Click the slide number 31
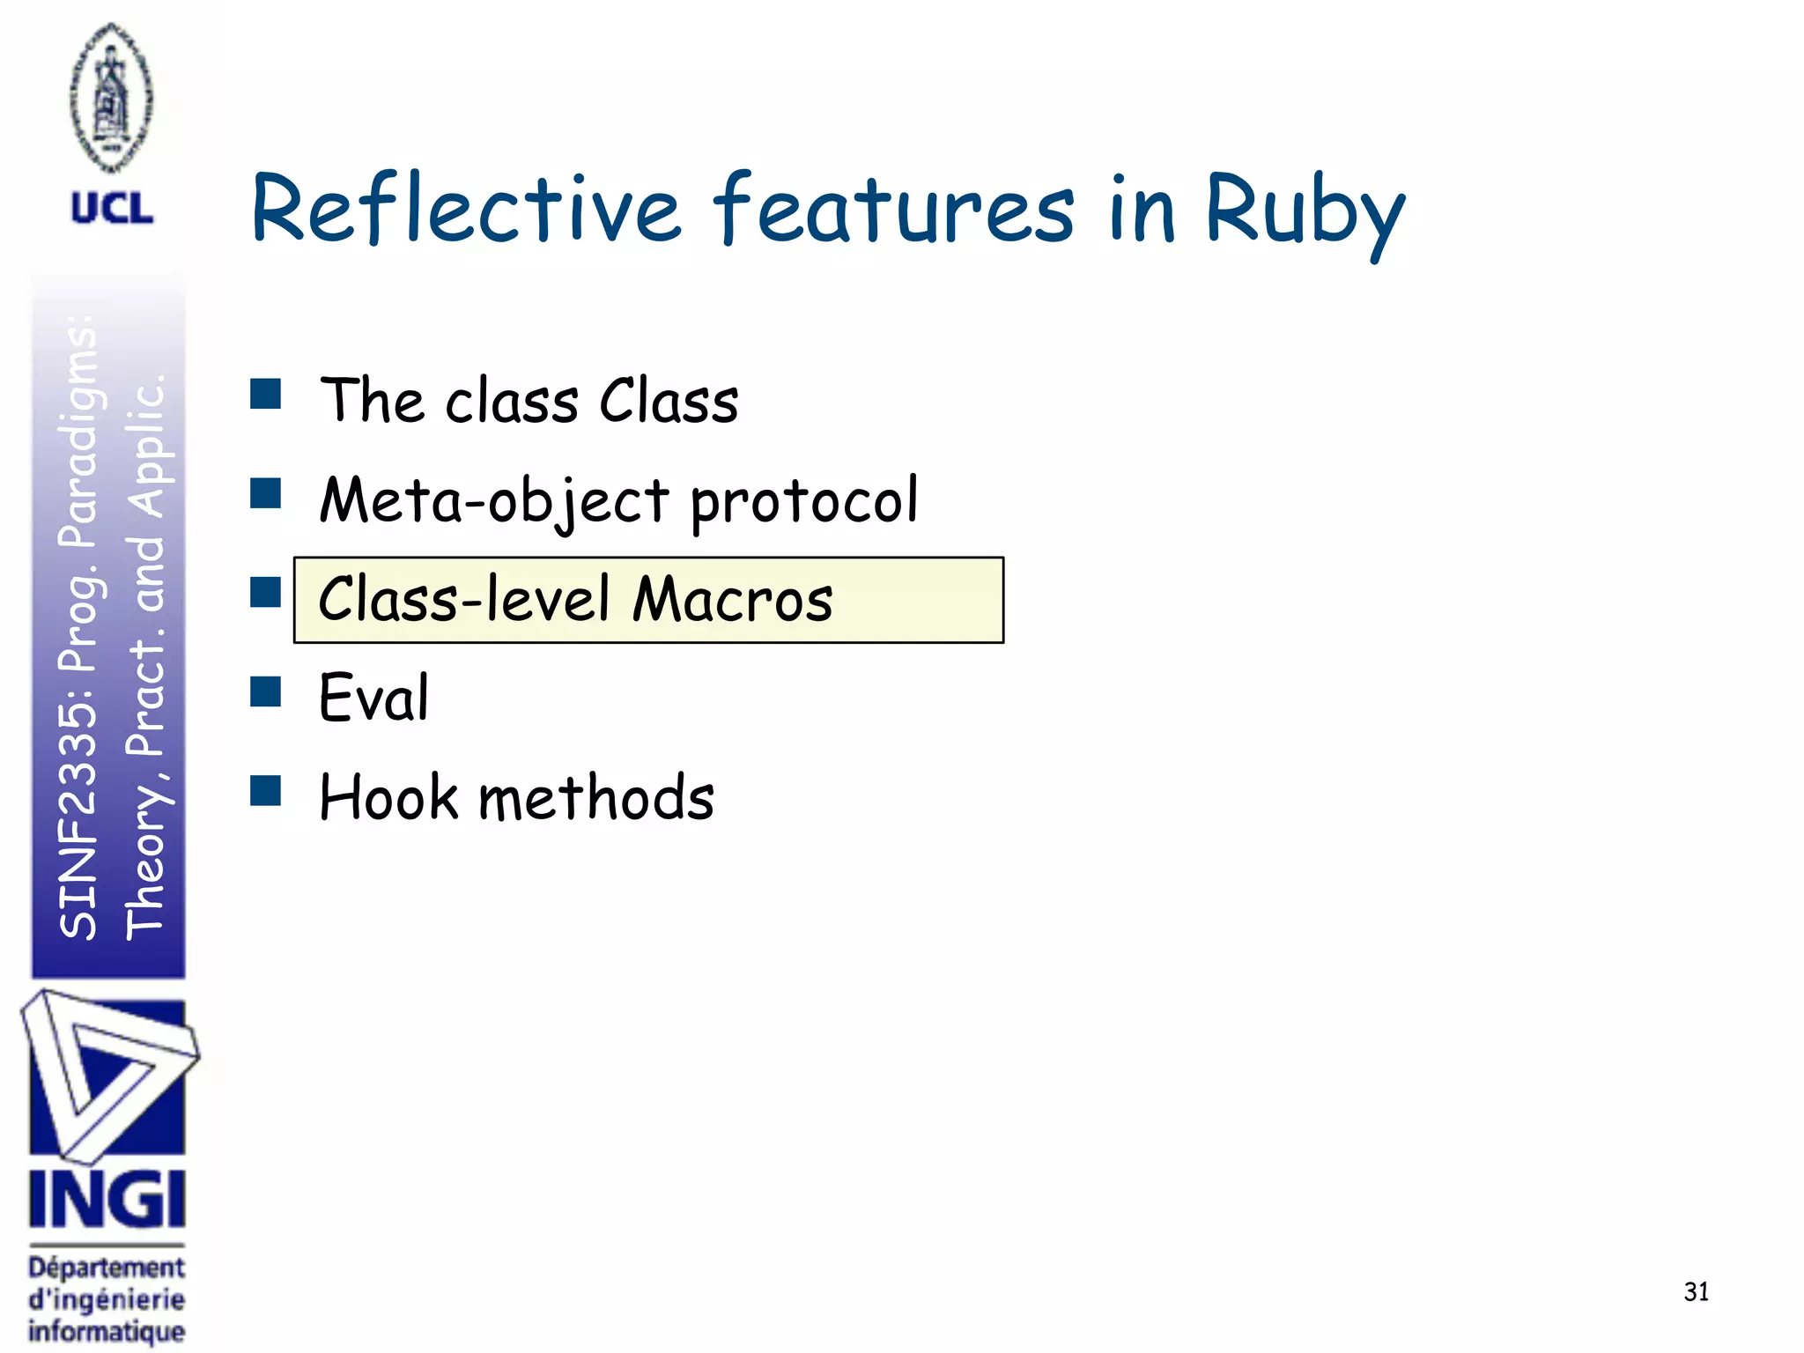1696,1291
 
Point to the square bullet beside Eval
265,691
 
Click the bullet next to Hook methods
265,791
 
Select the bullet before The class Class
265,394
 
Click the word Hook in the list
388,796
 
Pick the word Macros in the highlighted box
732,600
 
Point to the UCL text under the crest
112,209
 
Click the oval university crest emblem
111,98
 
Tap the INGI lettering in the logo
107,1199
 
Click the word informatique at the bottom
107,1331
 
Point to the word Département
107,1268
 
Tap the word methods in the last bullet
595,796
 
